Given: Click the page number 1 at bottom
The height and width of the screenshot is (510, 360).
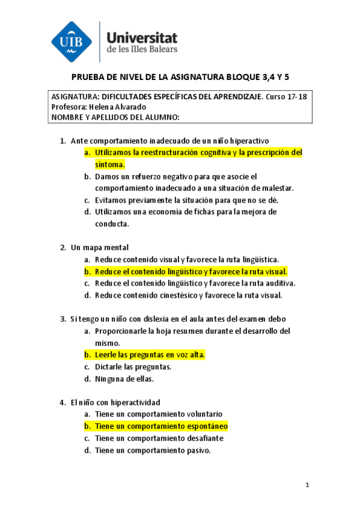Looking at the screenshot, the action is tap(307, 485).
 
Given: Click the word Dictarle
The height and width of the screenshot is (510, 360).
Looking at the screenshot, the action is tap(109, 366).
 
